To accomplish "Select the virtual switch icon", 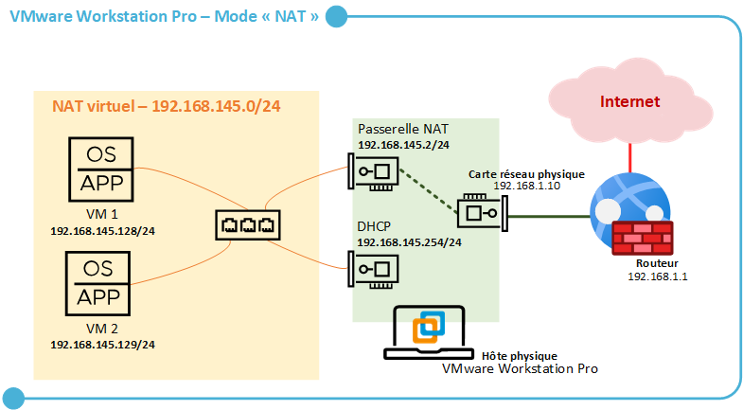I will tap(246, 225).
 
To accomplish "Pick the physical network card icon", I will tap(480, 212).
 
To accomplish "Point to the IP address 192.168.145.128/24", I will tap(102, 230).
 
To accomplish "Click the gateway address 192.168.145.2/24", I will tap(403, 145).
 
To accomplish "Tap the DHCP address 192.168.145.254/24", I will tap(409, 242).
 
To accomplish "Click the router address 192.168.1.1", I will tap(656, 276).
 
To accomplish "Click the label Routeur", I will tap(656, 263).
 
